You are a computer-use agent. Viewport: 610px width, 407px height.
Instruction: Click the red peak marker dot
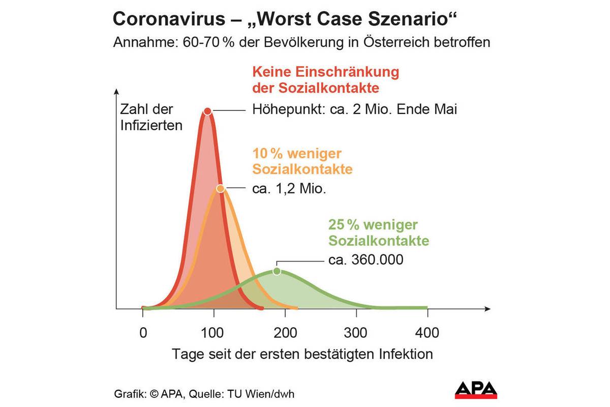207,111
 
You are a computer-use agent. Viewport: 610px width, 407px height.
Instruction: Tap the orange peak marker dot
220,188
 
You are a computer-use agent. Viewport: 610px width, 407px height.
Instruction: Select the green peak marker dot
277,271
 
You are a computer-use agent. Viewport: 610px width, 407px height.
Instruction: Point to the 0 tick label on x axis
143,333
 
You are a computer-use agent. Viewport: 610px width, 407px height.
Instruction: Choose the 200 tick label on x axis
285,333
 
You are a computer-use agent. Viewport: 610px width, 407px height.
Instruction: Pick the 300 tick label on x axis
355,333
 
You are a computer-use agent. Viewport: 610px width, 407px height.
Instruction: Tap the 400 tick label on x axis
427,333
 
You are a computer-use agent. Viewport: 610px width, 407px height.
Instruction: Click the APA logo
476,390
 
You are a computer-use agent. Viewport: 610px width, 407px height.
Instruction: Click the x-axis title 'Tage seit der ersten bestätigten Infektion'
302,354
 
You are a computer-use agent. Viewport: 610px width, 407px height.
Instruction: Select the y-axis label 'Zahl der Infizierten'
151,117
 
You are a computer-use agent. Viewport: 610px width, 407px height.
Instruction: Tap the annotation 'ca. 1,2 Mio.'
289,189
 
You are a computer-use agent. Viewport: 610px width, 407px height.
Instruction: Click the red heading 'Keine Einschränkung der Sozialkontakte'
325,79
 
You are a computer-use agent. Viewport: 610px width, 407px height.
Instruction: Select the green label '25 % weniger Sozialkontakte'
378,232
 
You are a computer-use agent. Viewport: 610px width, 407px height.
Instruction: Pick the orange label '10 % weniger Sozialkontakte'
302,161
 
